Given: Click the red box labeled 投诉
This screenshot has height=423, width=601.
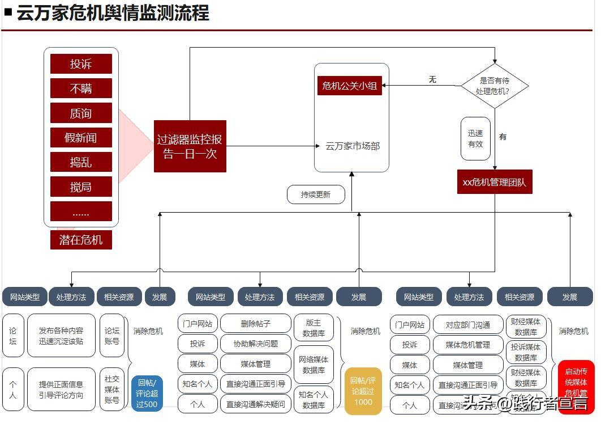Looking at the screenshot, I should click(81, 64).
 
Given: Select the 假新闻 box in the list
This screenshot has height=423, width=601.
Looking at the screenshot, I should click(81, 138).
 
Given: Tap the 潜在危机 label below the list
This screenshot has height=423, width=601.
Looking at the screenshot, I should click(81, 240).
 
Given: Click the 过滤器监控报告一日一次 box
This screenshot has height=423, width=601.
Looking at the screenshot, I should click(190, 146).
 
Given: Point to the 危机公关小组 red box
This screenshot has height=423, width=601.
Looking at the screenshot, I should click(349, 86).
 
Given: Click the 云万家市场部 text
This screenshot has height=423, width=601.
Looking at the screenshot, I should click(352, 146).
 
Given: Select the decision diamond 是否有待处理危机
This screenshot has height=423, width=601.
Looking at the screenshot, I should click(494, 86).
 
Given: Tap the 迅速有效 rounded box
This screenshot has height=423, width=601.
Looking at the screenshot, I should click(475, 139).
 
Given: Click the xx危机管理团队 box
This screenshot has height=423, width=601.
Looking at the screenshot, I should click(495, 183).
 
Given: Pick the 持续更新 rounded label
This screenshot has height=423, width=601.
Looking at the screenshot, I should click(315, 194).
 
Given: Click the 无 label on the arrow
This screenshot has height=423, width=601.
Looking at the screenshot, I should click(433, 79).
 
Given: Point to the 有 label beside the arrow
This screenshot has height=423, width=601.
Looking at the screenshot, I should click(503, 137).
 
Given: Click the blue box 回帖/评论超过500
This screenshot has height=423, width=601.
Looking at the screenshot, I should click(147, 393).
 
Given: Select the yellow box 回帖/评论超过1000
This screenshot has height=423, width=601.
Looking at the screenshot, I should click(363, 391).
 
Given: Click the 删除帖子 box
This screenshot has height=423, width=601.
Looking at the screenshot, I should click(255, 324).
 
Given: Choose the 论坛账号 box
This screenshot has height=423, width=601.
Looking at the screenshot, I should click(112, 336).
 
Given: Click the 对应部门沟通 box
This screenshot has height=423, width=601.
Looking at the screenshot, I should click(467, 325).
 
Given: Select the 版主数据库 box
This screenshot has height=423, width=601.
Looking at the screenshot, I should click(314, 328).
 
